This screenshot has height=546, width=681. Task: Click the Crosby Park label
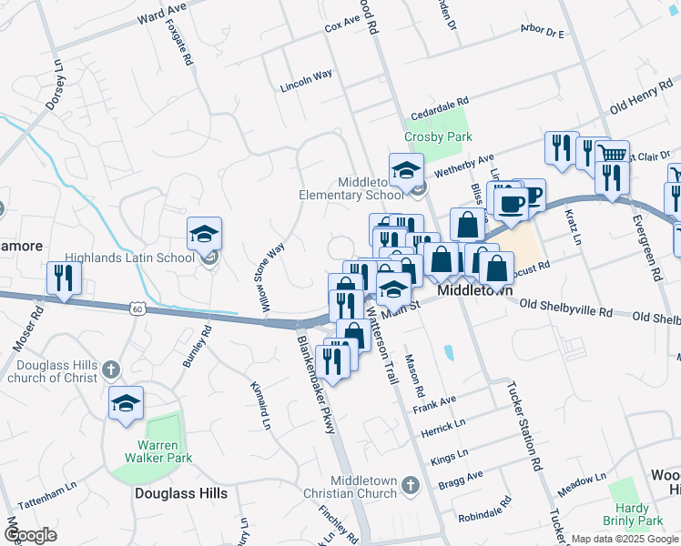(x=439, y=136)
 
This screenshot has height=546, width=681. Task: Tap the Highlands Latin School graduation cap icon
(x=205, y=235)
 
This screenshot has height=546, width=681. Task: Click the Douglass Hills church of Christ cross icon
(x=111, y=369)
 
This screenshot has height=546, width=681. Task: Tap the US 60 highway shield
(x=137, y=309)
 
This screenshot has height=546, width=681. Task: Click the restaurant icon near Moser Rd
(x=64, y=278)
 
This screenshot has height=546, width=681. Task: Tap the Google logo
(x=31, y=534)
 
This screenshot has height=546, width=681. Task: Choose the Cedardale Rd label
(x=439, y=107)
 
